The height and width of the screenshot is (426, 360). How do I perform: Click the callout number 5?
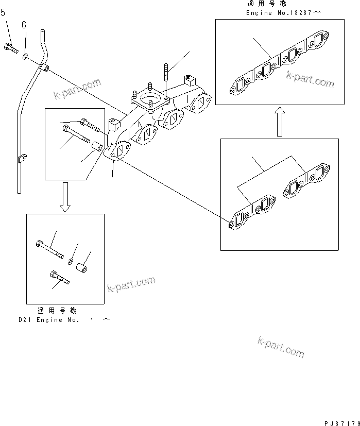pyautogui.click(x=3, y=13)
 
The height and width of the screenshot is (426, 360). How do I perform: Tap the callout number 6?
pyautogui.click(x=24, y=25)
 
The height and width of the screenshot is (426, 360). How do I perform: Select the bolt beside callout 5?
pyautogui.click(x=11, y=48)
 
